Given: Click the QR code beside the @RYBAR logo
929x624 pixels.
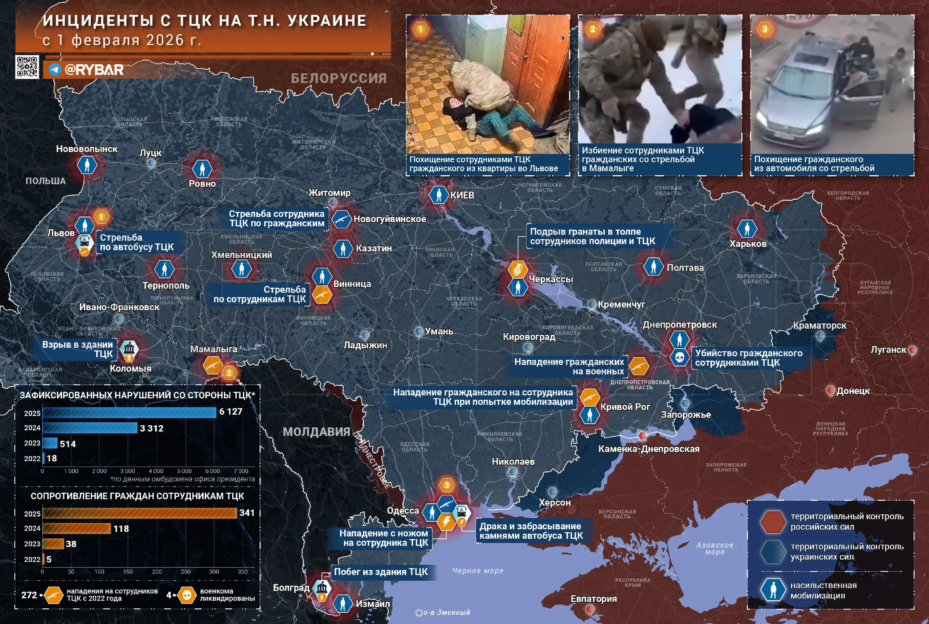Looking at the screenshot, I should click(27, 67).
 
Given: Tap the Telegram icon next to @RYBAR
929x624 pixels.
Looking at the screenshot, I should click(54, 70).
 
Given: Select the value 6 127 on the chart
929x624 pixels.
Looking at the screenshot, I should click(230, 411).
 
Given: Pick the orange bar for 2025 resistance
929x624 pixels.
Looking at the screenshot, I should click(139, 513).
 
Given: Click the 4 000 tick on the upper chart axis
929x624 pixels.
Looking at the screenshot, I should click(156, 471).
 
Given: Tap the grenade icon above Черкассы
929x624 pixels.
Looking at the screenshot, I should click(517, 270).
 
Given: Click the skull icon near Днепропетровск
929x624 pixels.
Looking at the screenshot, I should click(679, 357).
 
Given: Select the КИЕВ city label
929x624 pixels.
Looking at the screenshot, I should click(462, 195).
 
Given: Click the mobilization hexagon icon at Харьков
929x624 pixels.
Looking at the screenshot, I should click(747, 229).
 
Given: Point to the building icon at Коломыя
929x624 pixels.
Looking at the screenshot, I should click(129, 349).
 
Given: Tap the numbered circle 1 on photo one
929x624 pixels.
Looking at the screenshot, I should click(420, 29).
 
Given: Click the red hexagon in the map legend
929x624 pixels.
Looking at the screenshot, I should click(773, 521).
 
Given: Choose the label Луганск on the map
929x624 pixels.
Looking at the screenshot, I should click(888, 350).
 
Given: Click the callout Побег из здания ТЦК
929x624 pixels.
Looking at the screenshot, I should click(381, 571).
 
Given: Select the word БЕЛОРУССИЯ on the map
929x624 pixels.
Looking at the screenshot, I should click(338, 78).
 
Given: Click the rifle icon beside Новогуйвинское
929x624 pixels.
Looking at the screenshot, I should click(341, 219).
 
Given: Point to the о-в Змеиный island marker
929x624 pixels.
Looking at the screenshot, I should click(419, 613).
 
